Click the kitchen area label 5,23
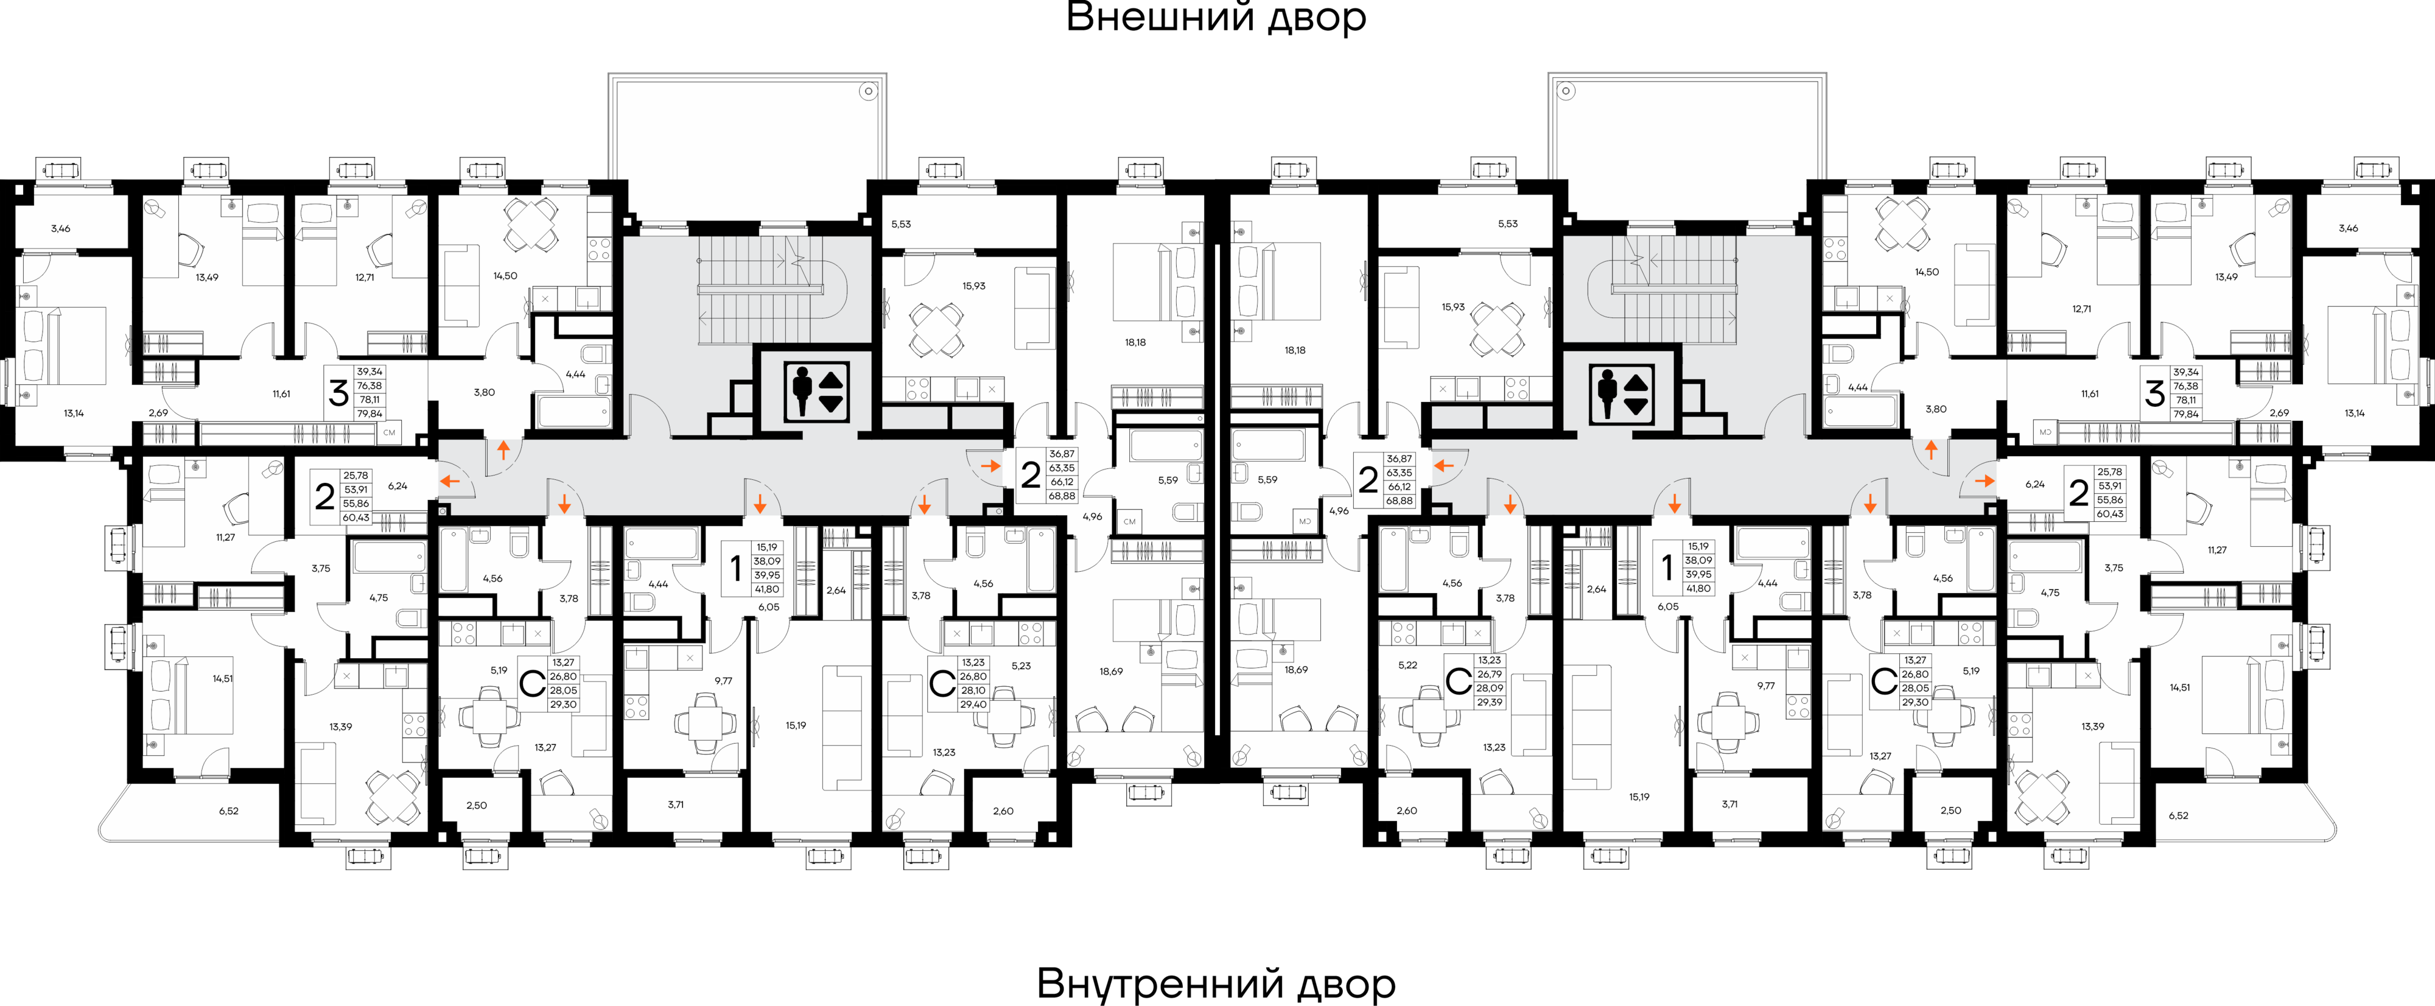(x=1021, y=666)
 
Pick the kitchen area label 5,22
(x=1407, y=665)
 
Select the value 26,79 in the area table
(x=1489, y=674)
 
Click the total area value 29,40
(x=973, y=705)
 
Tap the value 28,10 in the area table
(x=973, y=690)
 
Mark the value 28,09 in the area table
(x=1489, y=688)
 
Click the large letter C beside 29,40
(x=942, y=684)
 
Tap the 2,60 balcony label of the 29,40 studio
(x=1003, y=811)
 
